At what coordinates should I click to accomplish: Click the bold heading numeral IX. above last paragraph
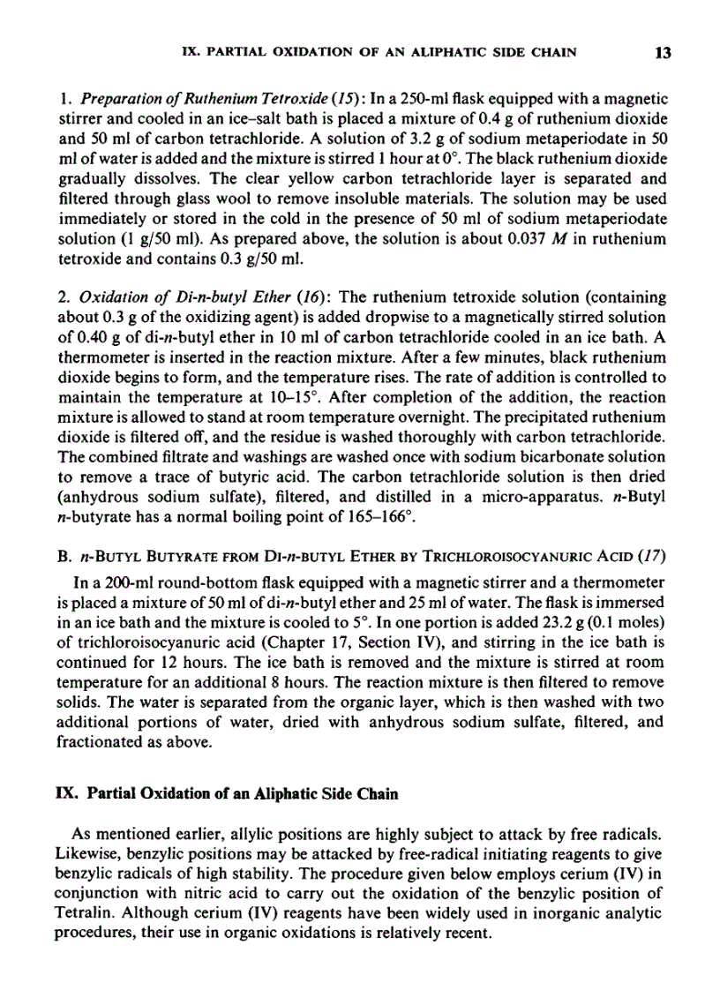coord(66,793)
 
